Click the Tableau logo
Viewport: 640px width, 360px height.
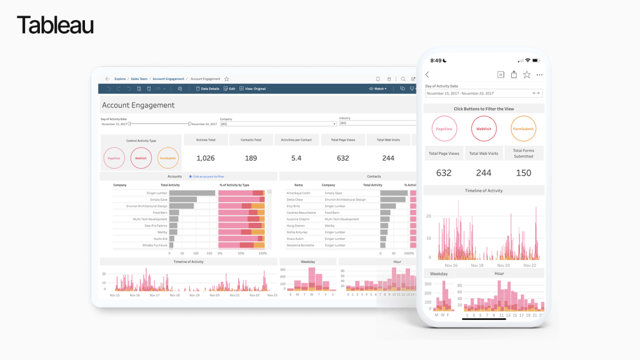56,26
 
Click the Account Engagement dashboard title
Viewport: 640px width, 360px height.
138,106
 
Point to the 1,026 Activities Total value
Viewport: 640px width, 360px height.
206,158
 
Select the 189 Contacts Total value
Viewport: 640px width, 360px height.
251,158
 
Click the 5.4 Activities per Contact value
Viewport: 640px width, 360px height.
296,158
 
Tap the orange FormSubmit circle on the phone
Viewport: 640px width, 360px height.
523,129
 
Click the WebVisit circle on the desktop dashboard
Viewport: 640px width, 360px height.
141,158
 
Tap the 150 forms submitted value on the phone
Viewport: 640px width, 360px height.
523,172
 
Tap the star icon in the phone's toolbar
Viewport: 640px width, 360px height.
527,75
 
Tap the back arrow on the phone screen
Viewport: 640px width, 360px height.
427,75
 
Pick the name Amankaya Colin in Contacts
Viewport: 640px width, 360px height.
298,193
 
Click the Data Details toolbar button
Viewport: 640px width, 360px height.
208,89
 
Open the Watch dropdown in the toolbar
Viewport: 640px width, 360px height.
378,89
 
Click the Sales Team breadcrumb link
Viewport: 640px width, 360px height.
139,79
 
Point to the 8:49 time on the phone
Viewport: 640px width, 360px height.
436,61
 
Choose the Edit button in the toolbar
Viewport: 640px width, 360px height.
229,89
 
